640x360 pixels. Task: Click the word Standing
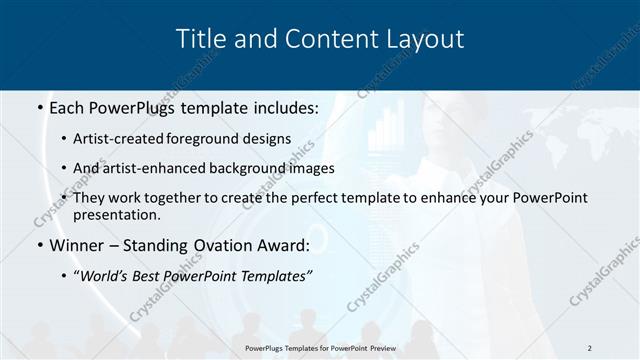click(159, 245)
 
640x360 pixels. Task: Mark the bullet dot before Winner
click(38, 246)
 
